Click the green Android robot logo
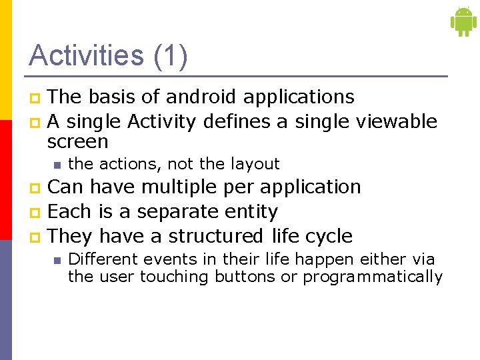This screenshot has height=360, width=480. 463,21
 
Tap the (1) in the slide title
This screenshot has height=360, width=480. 170,55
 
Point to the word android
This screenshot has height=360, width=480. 201,97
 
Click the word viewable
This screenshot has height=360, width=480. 397,121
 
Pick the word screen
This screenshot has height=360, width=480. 77,142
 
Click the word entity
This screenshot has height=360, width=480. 253,212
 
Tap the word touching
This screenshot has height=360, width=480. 174,277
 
